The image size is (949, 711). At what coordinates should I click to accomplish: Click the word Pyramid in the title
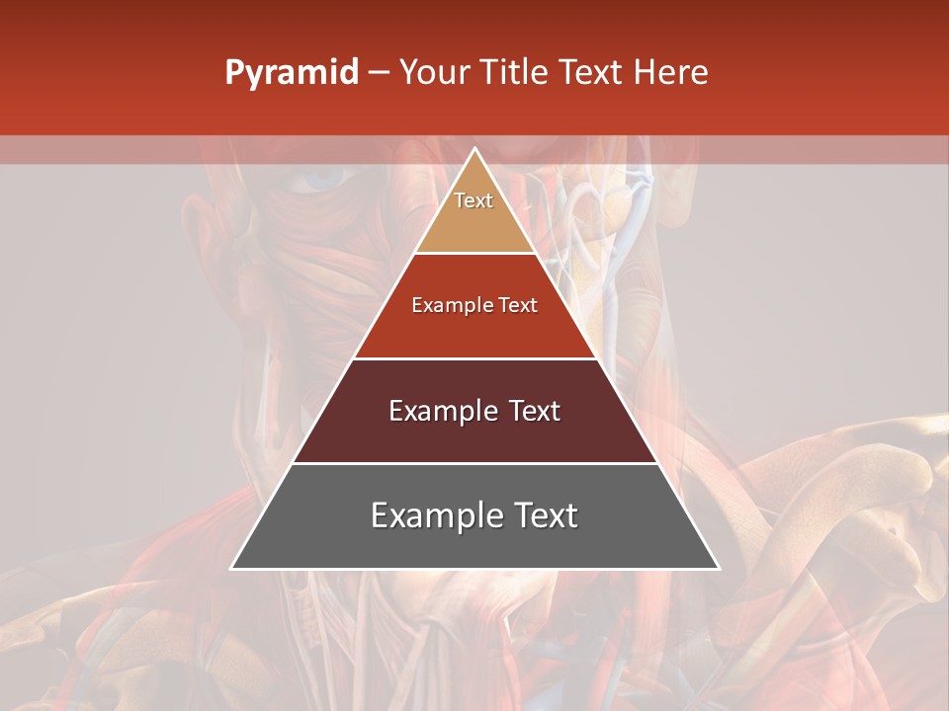291,73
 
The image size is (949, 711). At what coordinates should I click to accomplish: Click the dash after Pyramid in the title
379,73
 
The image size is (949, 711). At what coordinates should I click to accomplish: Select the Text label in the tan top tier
474,200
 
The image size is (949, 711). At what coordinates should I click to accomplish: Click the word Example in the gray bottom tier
432,515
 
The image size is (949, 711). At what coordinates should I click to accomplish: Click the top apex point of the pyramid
474,149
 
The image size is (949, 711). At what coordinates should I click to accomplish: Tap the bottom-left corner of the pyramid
232,568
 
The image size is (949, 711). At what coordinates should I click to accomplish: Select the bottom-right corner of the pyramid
719,568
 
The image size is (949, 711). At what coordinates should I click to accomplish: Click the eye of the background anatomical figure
323,179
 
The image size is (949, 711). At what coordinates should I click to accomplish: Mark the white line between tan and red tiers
474,254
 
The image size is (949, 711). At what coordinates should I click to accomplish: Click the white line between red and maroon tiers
474,358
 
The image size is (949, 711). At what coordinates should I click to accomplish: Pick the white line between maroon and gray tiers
474,463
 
